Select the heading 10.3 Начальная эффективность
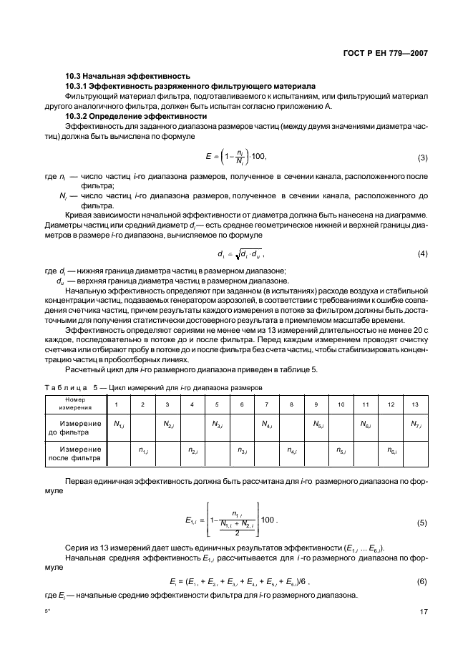(127, 76)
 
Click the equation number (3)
(422, 157)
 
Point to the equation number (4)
(422, 254)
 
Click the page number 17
(424, 612)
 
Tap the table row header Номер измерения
(75, 404)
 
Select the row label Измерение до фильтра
(75, 428)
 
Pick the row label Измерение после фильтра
(75, 453)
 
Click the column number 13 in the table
(415, 404)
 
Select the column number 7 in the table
(266, 404)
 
